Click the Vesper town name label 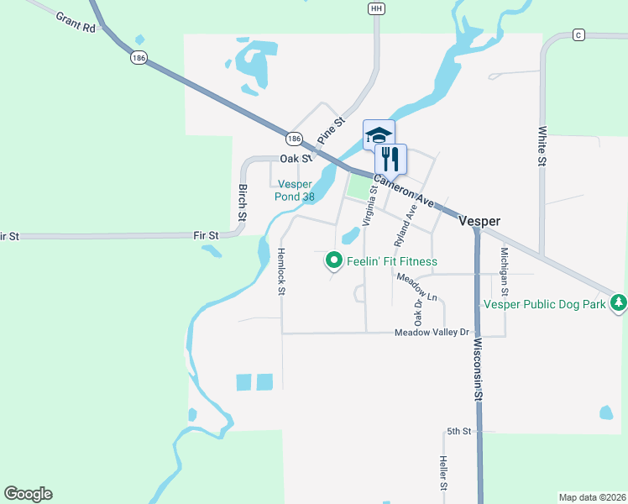[479, 221]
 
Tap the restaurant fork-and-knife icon [390, 159]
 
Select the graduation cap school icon [378, 134]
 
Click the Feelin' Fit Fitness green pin [334, 261]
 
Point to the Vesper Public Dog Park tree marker [619, 302]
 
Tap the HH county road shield [376, 8]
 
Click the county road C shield [578, 34]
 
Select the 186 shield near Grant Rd [139, 58]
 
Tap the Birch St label [242, 202]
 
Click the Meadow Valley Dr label [432, 333]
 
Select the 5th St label [458, 431]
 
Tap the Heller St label [442, 474]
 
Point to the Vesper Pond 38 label [294, 191]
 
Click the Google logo [28, 494]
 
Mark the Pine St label [331, 131]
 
